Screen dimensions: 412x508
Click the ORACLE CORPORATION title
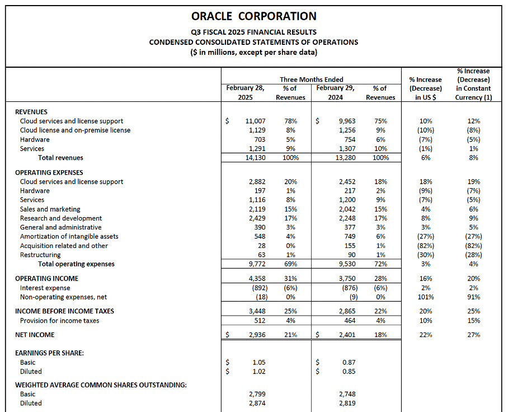pyautogui.click(x=253, y=16)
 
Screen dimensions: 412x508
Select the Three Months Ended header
pyautogui.click(x=311, y=79)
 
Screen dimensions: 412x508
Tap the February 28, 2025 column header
pyautogui.click(x=245, y=92)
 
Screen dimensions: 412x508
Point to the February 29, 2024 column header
pyautogui.click(x=335, y=92)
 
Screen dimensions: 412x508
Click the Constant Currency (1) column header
pyautogui.click(x=473, y=84)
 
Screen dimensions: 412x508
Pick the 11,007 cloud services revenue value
pyautogui.click(x=255, y=121)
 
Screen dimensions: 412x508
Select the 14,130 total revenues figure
pyautogui.click(x=255, y=158)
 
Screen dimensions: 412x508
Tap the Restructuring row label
pyautogui.click(x=40, y=255)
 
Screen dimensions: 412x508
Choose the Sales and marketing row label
pyautogui.click(x=50, y=209)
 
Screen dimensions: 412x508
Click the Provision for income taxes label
pyautogui.click(x=59, y=321)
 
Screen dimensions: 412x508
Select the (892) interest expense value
pyautogui.click(x=257, y=288)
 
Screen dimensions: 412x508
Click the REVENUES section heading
pyautogui.click(x=31, y=112)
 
